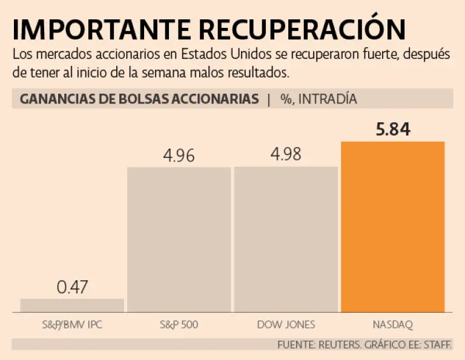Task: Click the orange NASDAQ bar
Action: pyautogui.click(x=392, y=227)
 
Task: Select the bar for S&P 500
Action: pyautogui.click(x=179, y=239)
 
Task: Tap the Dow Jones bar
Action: pyautogui.click(x=286, y=239)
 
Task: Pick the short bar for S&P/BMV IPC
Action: pyautogui.click(x=72, y=305)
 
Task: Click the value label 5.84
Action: pyautogui.click(x=393, y=129)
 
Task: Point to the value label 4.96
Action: pyautogui.click(x=179, y=155)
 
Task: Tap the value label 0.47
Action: pyautogui.click(x=73, y=287)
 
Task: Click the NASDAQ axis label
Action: pyautogui.click(x=394, y=325)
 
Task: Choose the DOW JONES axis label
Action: pyautogui.click(x=286, y=325)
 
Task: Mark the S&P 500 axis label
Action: pyautogui.click(x=179, y=325)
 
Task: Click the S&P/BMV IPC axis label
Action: pyautogui.click(x=71, y=325)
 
